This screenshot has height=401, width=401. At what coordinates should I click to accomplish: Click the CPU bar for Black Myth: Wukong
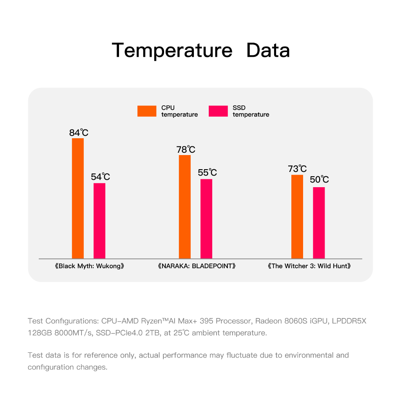click(x=78, y=198)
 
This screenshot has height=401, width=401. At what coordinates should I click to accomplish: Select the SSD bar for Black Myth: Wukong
click(x=99, y=220)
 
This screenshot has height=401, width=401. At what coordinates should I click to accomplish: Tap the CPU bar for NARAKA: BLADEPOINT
click(x=185, y=207)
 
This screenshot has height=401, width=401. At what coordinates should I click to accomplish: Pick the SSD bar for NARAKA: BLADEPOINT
click(x=206, y=219)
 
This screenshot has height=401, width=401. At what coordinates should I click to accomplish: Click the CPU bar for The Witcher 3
click(x=297, y=217)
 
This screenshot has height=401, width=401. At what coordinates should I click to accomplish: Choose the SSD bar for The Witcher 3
click(x=319, y=223)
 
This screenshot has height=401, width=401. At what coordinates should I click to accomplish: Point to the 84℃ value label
click(x=79, y=133)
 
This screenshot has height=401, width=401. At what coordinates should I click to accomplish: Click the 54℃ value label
click(x=100, y=177)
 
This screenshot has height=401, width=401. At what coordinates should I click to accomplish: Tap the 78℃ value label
click(x=186, y=150)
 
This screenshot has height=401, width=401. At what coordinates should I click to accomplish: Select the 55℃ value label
click(x=207, y=173)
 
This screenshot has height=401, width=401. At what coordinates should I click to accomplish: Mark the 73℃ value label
click(x=297, y=169)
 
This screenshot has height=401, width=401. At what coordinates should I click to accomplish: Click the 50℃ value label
click(x=319, y=180)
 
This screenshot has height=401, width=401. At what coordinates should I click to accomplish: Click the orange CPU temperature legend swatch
click(x=146, y=111)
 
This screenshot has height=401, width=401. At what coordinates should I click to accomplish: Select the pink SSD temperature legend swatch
click(x=218, y=111)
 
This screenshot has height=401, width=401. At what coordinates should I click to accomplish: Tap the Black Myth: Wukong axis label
click(x=90, y=266)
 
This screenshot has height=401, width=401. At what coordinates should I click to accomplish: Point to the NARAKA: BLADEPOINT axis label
click(x=197, y=266)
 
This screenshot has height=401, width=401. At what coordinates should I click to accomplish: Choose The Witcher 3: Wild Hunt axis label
click(x=309, y=266)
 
